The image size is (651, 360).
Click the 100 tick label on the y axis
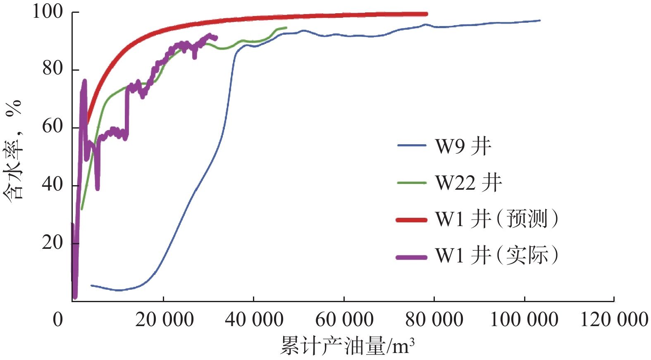tap(48, 12)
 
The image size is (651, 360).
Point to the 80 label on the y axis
tap(52, 69)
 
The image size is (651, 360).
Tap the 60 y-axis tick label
tap(52, 126)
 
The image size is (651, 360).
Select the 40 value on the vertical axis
tap(52, 184)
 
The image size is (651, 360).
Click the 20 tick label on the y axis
tap(52, 243)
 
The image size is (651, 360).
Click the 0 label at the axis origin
tap(58, 319)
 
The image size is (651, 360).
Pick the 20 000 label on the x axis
tap(164, 319)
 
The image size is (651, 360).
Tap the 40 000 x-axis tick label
tap(254, 319)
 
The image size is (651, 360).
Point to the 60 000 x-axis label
tap(344, 319)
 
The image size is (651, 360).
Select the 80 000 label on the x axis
tap(434, 319)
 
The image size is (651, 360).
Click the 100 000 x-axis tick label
tap(524, 319)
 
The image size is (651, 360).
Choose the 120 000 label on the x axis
tap(614, 319)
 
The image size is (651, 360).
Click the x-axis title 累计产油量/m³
tap(347, 346)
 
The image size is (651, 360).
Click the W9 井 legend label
tap(463, 146)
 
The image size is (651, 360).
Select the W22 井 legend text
tap(468, 182)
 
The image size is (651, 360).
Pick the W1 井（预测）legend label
tap(496, 219)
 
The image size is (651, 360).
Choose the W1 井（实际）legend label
tap(496, 255)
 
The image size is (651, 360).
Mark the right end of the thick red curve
tap(427, 14)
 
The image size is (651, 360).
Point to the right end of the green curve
tap(286, 28)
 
